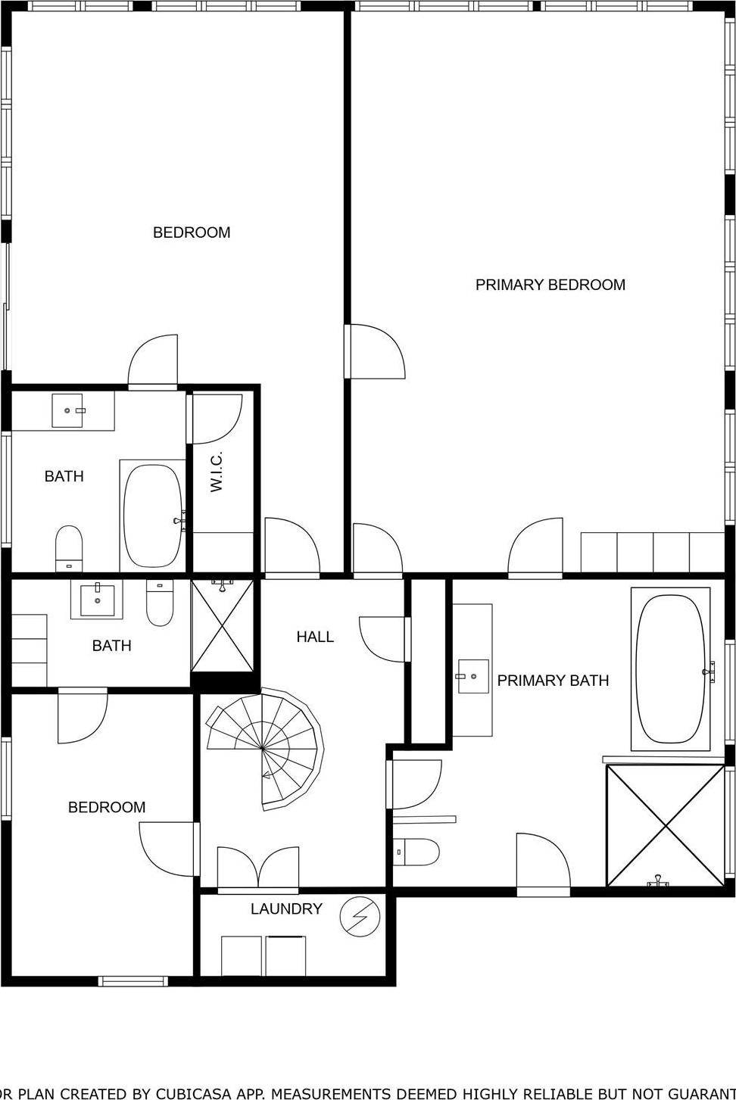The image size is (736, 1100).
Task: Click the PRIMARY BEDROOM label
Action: (x=550, y=285)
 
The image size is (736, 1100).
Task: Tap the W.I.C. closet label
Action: (x=217, y=472)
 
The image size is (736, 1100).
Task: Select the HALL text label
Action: (x=315, y=637)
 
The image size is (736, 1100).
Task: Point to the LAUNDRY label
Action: (x=286, y=908)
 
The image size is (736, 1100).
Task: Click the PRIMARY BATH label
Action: (x=553, y=681)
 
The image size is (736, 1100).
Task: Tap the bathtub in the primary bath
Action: (x=670, y=668)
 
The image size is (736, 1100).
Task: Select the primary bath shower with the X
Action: (x=666, y=825)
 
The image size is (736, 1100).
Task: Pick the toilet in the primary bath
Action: (x=416, y=852)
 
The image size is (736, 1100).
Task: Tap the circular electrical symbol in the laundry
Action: (x=360, y=917)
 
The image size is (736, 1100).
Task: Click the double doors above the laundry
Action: (x=258, y=867)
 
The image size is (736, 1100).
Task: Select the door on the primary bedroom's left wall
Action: (x=375, y=351)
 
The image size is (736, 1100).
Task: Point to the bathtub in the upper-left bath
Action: (x=152, y=516)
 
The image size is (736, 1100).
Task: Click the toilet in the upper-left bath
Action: (x=69, y=548)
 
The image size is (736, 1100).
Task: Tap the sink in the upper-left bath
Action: (x=67, y=410)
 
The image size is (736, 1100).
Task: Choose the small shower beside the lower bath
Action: (x=222, y=625)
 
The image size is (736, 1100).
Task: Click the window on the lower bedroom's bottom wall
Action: (x=133, y=981)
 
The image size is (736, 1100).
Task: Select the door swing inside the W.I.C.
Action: (x=217, y=419)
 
